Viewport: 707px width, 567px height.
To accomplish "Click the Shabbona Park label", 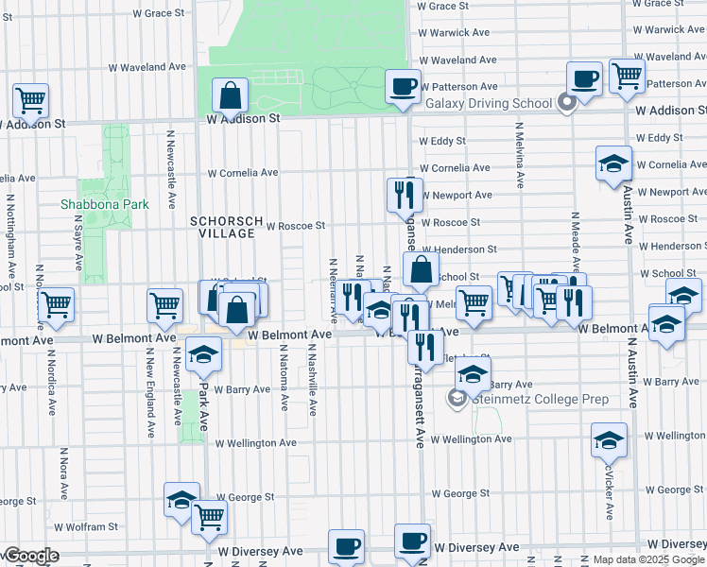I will tap(92, 204).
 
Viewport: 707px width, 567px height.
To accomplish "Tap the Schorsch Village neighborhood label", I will tap(225, 227).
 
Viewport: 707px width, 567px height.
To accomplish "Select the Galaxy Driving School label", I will tap(489, 103).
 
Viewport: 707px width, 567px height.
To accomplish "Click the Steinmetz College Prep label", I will tap(541, 399).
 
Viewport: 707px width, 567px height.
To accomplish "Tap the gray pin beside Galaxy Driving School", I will tap(567, 102).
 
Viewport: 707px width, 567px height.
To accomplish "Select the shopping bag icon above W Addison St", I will tap(231, 95).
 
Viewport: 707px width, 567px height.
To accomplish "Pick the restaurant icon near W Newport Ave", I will tap(405, 195).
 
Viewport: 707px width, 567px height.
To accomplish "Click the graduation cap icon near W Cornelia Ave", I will tap(613, 163).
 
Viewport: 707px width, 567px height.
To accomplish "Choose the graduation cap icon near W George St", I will tap(181, 501).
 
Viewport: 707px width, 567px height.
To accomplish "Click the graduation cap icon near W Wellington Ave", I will tap(609, 439).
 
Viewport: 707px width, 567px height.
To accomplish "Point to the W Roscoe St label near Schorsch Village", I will tap(295, 227).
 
